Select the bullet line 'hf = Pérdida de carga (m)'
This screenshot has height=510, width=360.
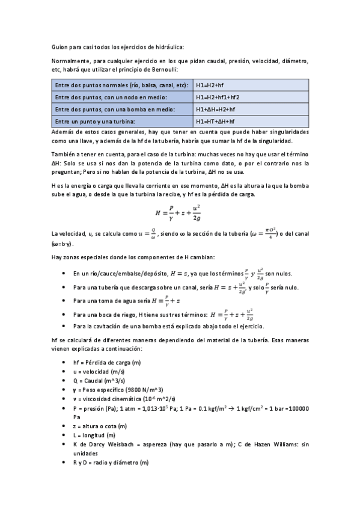pyautogui.click(x=106, y=363)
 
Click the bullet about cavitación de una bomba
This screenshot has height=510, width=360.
pyautogui.click(x=168, y=326)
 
